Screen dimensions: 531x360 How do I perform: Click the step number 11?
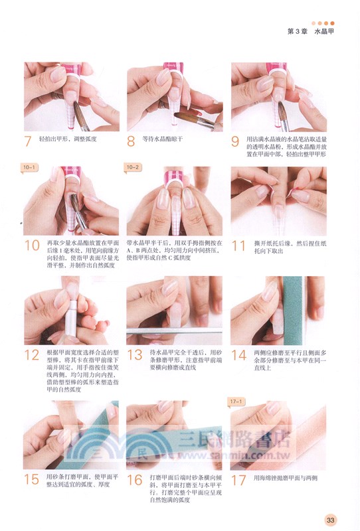(238, 245)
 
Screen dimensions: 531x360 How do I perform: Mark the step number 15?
(31, 479)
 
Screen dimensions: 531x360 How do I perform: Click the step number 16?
(135, 479)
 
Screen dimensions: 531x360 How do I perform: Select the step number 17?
(238, 479)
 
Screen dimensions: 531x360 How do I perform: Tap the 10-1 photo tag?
(31, 167)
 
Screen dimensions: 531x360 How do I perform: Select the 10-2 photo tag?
(134, 167)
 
